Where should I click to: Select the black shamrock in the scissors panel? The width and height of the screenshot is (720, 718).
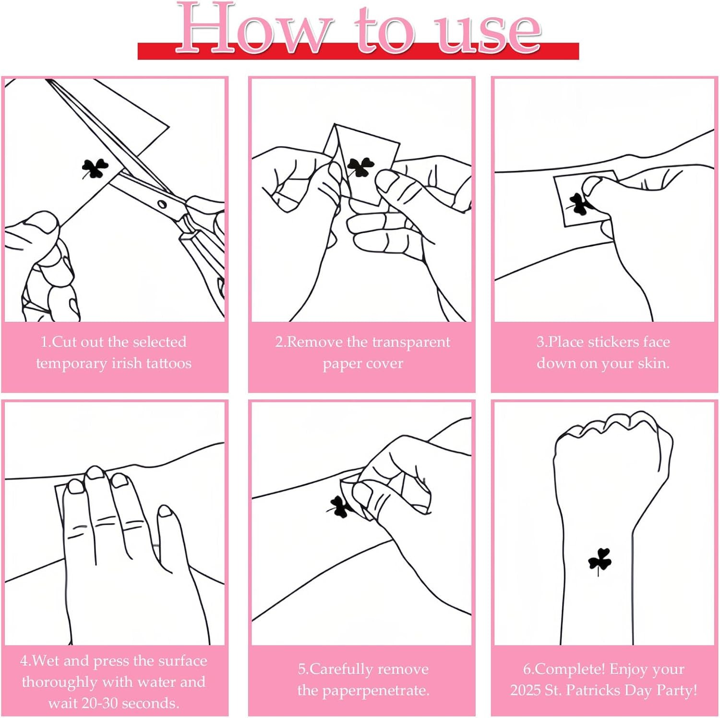pyautogui.click(x=95, y=168)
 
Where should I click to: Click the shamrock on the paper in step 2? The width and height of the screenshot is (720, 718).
pyautogui.click(x=360, y=167)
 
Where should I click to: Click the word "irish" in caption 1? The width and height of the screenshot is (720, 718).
pyautogui.click(x=126, y=363)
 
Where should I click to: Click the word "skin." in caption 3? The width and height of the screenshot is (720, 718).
pyautogui.click(x=652, y=363)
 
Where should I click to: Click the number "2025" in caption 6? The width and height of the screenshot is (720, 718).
pyautogui.click(x=526, y=690)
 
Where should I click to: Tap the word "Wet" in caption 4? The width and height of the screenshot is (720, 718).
pyautogui.click(x=46, y=660)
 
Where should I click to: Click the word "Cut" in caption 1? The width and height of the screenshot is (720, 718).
pyautogui.click(x=64, y=342)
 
